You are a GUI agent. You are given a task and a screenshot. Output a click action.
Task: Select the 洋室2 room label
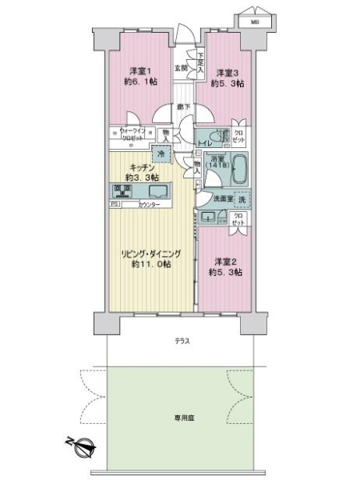tap(223, 260)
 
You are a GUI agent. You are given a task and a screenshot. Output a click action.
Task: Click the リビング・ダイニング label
tap(152, 254)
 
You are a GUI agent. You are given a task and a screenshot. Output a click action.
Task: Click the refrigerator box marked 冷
tap(162, 154)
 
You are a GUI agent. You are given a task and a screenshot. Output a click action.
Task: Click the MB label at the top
tap(254, 22)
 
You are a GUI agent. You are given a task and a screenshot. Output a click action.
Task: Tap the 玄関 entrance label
tap(182, 69)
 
